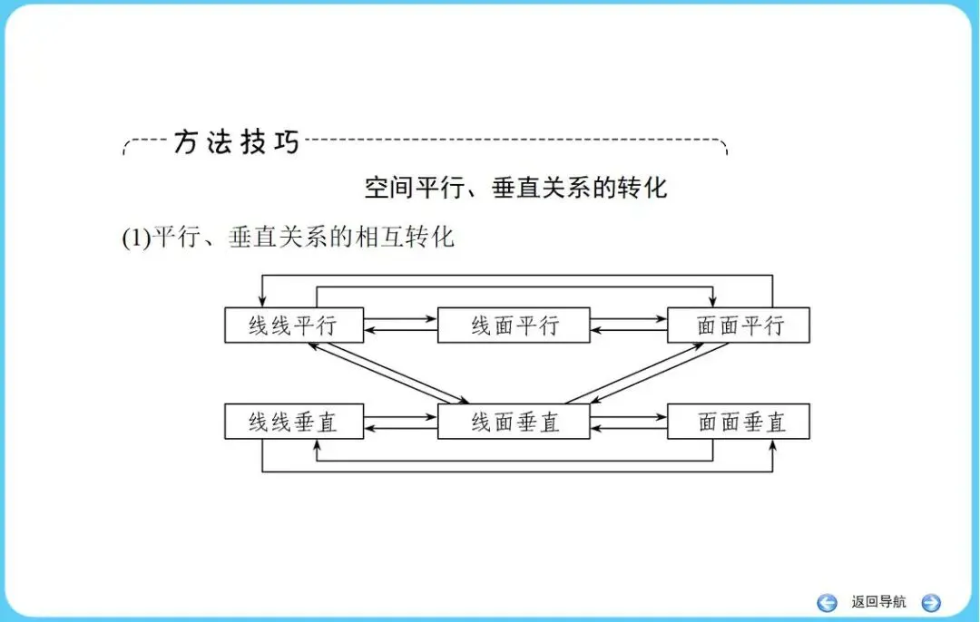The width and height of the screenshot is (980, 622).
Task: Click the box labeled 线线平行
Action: pyautogui.click(x=293, y=326)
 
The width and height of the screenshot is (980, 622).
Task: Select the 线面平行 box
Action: pyautogui.click(x=514, y=326)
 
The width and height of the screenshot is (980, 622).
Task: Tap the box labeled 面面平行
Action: pyautogui.click(x=738, y=326)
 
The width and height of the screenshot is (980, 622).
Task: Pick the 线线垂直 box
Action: pyautogui.click(x=293, y=422)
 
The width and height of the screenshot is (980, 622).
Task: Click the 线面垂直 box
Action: pyautogui.click(x=514, y=422)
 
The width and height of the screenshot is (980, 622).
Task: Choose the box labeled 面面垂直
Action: pyautogui.click(x=738, y=422)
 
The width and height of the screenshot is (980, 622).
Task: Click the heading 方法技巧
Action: pyautogui.click(x=236, y=142)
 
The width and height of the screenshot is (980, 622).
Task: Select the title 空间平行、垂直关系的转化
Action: pyautogui.click(x=515, y=188)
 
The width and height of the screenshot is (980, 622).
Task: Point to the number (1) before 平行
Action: pyautogui.click(x=135, y=238)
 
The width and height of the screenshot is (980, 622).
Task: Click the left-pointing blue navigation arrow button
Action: pyautogui.click(x=827, y=602)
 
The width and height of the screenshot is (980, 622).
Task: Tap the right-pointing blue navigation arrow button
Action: pyautogui.click(x=931, y=602)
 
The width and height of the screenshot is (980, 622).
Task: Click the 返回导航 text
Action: pyautogui.click(x=878, y=602)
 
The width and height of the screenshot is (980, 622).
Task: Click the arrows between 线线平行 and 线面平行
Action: pyautogui.click(x=400, y=324)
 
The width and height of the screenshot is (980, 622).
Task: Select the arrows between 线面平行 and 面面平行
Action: pyautogui.click(x=629, y=324)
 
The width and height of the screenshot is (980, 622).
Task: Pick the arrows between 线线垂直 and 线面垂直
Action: pyautogui.click(x=400, y=423)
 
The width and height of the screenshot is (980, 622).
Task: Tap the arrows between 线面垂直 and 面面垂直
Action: pyautogui.click(x=629, y=423)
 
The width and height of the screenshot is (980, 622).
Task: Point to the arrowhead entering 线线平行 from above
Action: pyautogui.click(x=262, y=303)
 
